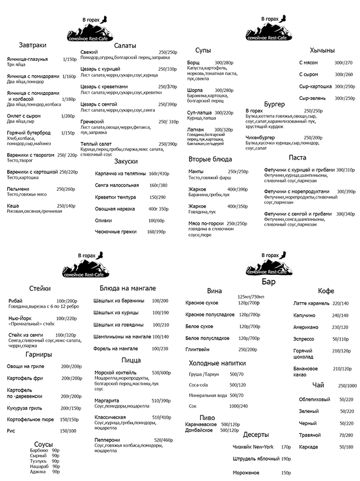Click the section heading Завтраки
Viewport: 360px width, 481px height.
coord(32,45)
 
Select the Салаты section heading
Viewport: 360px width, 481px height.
coord(125,46)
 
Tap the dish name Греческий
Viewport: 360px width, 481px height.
coord(92,121)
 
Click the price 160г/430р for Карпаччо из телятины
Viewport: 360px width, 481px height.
coord(158,173)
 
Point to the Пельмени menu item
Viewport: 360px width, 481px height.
coord(18,189)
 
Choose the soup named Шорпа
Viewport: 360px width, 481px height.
coord(195,90)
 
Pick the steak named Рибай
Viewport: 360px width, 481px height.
coord(16,301)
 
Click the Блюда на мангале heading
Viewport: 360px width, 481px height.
coord(128,288)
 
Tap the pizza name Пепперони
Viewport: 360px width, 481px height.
coord(107,440)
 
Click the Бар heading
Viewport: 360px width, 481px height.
coord(268,282)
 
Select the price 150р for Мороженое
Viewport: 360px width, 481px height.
coord(285,472)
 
